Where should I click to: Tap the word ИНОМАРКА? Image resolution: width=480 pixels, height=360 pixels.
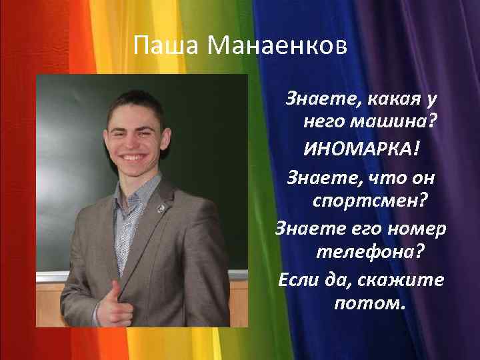[x=363, y=147]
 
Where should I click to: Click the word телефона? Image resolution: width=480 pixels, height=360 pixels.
[x=370, y=253]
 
